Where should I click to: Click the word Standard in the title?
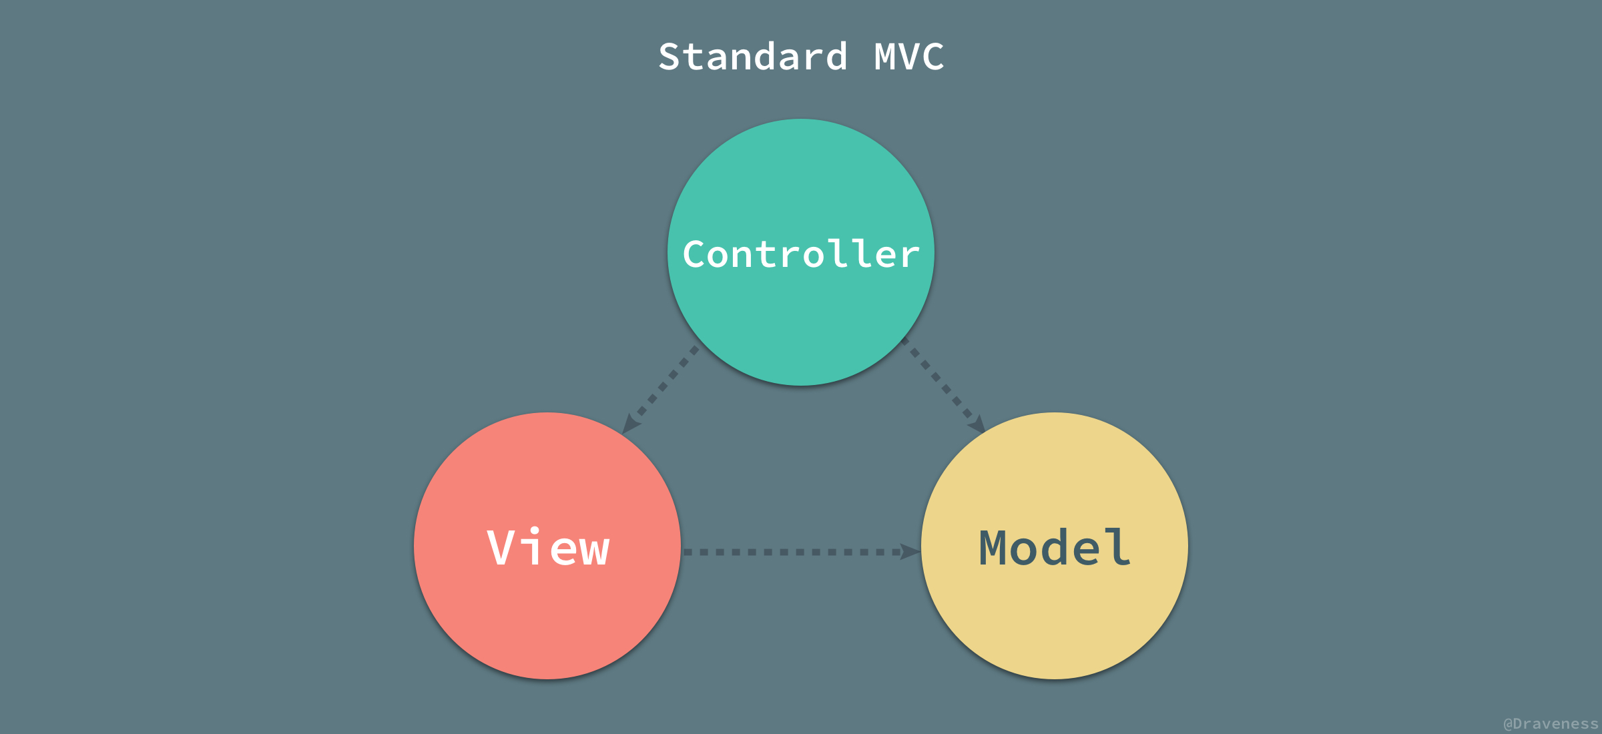click(x=753, y=57)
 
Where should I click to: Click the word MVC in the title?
click(x=909, y=57)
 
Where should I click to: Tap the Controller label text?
click(x=801, y=254)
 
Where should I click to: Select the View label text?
click(x=548, y=548)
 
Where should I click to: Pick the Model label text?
click(x=1055, y=548)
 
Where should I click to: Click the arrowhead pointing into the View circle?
click(x=629, y=425)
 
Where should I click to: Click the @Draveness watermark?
click(x=1550, y=724)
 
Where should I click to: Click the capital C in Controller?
click(x=695, y=254)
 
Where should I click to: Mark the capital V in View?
click(x=500, y=548)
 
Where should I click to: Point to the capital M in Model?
click(x=993, y=548)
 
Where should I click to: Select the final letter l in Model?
click(x=1118, y=547)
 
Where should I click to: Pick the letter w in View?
click(x=595, y=552)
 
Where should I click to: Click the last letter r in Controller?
click(x=909, y=257)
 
